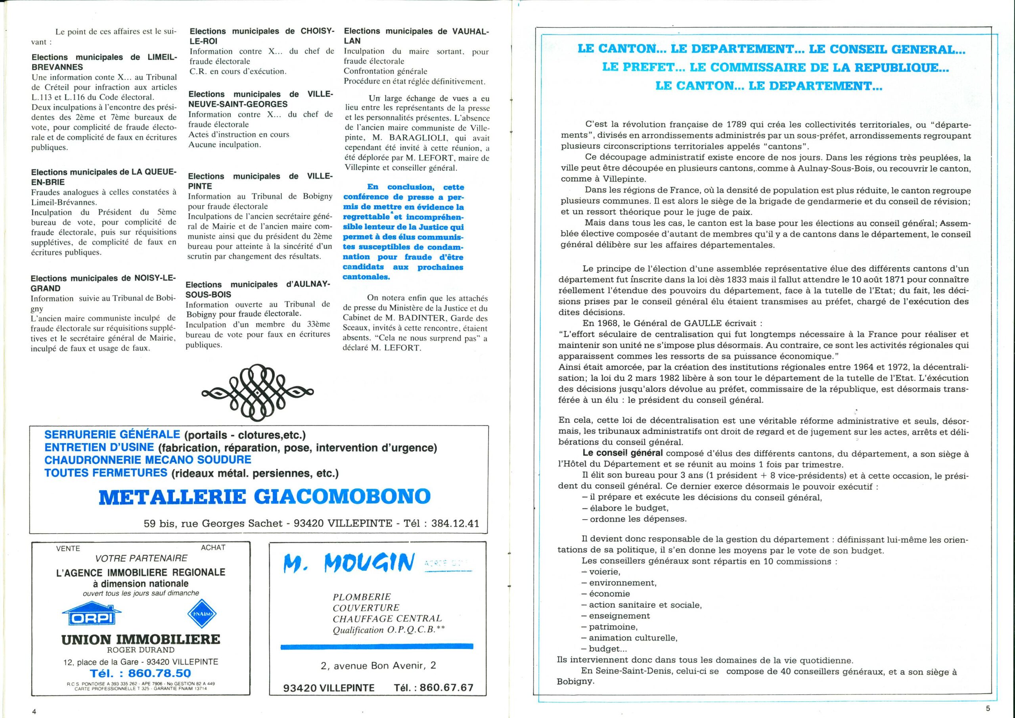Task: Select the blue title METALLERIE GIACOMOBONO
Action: coord(264,496)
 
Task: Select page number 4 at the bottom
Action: coord(34,711)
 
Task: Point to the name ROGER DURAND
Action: coord(141,650)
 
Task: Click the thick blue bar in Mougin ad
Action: coord(377,647)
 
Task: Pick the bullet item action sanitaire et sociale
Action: coord(645,605)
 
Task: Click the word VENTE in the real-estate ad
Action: coord(68,549)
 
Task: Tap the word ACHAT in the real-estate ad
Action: coord(213,548)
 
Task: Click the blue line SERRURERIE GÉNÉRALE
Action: coord(112,434)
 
